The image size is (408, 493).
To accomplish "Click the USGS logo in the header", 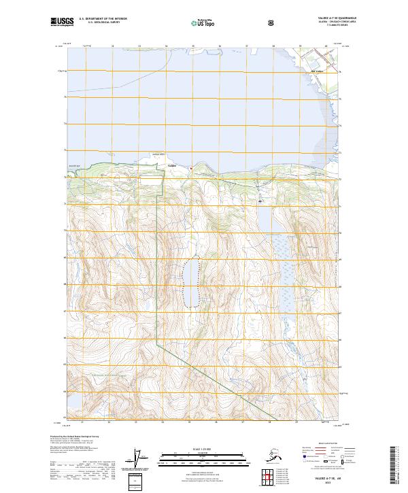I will [61, 22].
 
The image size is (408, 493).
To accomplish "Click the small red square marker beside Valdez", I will [192, 168].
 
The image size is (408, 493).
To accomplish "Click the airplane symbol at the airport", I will [260, 201].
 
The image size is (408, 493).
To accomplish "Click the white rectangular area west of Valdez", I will [152, 180].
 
